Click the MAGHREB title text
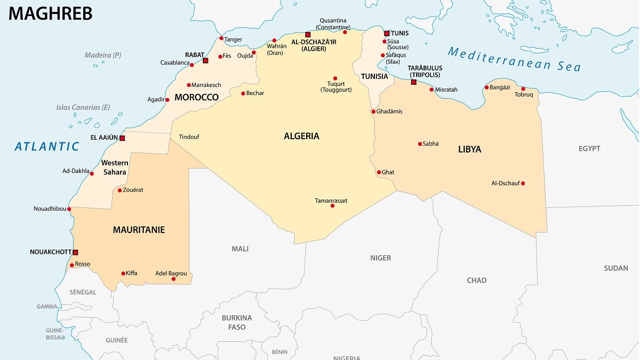click(x=51, y=13)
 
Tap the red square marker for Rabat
click(x=205, y=61)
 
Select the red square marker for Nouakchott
click(x=75, y=252)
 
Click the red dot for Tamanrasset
click(x=332, y=205)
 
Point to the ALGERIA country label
click(x=301, y=136)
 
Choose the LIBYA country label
click(x=469, y=149)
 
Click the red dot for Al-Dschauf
click(x=523, y=183)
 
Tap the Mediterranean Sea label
click(x=514, y=59)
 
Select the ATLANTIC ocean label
click(x=47, y=146)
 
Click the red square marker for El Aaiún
click(x=122, y=138)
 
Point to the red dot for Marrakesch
click(x=189, y=85)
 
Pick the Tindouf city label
click(x=189, y=137)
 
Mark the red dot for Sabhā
click(x=420, y=143)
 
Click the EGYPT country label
click(x=589, y=148)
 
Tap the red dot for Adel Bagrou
click(x=173, y=279)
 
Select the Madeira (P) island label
click(x=103, y=55)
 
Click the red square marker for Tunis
click(x=387, y=33)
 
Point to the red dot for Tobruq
click(x=523, y=89)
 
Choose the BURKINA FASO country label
click(x=237, y=322)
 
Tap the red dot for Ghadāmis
click(x=373, y=111)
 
